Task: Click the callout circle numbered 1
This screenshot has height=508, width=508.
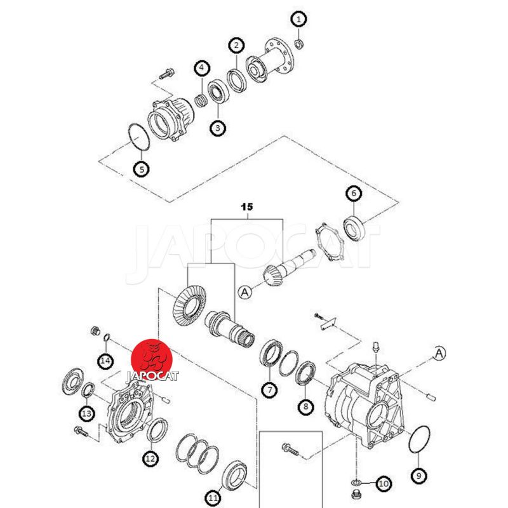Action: click(x=298, y=19)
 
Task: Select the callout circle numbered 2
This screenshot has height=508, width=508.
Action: click(x=237, y=45)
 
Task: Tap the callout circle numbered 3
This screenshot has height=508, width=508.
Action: click(x=218, y=128)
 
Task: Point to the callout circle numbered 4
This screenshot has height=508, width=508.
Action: click(x=202, y=67)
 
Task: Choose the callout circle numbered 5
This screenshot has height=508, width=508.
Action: click(x=141, y=169)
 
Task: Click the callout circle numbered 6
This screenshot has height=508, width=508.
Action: click(x=354, y=194)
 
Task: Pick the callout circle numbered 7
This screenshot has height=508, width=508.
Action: click(x=270, y=389)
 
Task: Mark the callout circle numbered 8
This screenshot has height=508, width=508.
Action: click(x=307, y=406)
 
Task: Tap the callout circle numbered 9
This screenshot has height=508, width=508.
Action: click(x=420, y=474)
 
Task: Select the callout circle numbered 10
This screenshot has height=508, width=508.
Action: click(x=383, y=485)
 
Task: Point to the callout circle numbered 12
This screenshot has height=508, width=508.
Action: click(x=150, y=458)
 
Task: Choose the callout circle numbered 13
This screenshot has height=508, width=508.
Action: click(x=87, y=414)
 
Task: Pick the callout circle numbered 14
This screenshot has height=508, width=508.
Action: click(x=105, y=361)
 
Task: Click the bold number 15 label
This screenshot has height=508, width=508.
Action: click(x=247, y=207)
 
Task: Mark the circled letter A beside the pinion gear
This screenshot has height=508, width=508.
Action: click(x=244, y=292)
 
